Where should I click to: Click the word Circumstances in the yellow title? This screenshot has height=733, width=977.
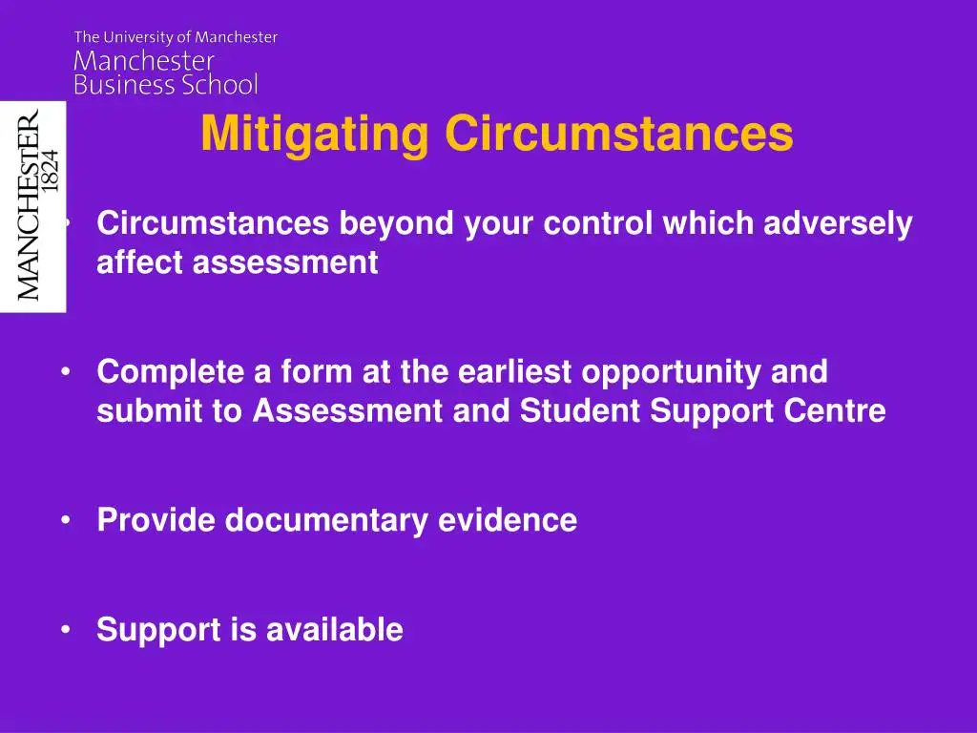pos(618,135)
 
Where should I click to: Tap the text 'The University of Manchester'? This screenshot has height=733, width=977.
pos(176,37)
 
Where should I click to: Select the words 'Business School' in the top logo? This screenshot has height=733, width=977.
pos(166,85)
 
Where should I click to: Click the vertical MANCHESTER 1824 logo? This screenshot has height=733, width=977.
pos(33,205)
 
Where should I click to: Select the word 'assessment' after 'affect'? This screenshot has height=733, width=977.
pos(285,262)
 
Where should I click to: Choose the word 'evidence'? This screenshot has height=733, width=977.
pos(508,520)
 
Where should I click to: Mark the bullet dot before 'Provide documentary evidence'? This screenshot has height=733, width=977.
pos(66,520)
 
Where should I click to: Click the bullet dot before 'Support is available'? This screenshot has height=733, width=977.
pos(66,630)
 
